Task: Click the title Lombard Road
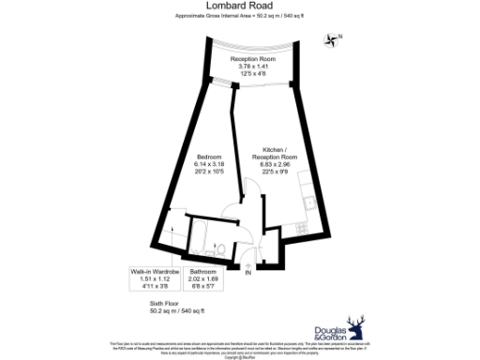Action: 239,6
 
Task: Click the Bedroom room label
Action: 209,156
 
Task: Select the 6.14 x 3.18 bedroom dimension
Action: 209,164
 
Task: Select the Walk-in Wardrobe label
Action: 154,271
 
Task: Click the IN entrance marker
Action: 247,273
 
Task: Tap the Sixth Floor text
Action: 164,304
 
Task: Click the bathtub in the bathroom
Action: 212,230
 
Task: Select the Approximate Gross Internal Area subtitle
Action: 239,17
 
